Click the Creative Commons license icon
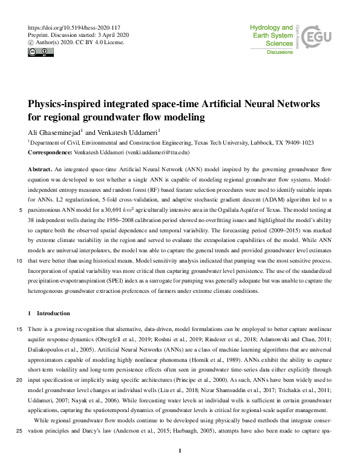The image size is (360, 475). tap(38, 53)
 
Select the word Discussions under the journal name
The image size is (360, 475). tap(280, 53)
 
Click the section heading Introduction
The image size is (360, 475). tap(53, 313)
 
